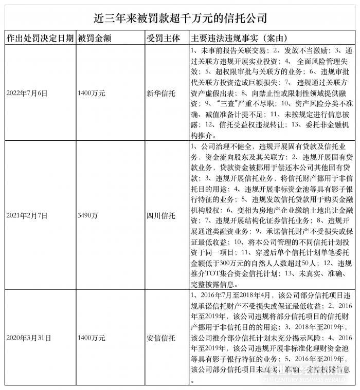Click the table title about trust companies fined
click(181, 18)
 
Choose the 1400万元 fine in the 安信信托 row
click(91, 338)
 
